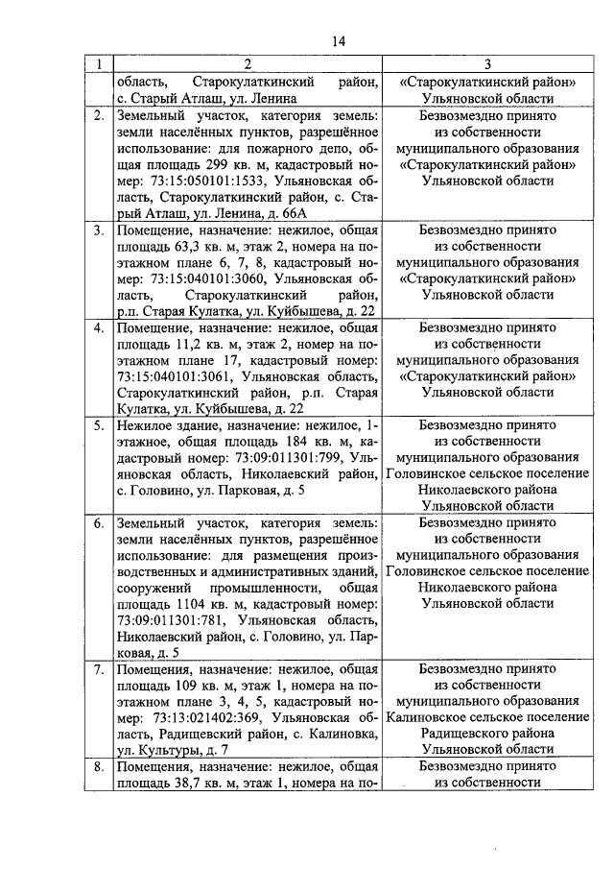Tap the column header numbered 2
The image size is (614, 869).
click(x=248, y=64)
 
